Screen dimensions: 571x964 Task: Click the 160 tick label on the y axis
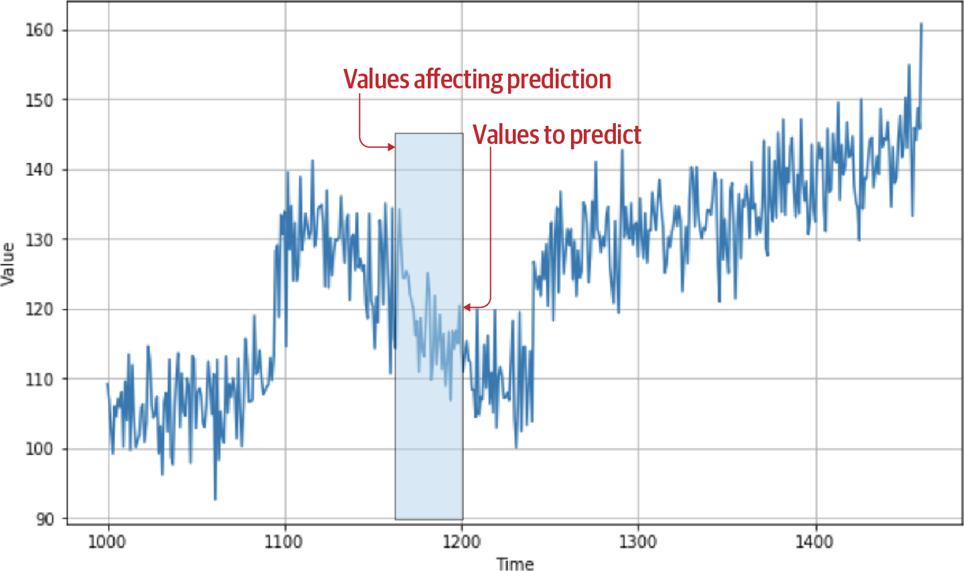point(39,31)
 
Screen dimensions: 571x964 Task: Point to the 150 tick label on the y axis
point(39,100)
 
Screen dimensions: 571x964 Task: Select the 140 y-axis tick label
point(39,170)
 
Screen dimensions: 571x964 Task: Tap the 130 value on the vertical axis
point(39,240)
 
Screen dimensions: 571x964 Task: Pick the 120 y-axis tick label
point(39,309)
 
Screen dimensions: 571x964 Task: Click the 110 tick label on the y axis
point(39,380)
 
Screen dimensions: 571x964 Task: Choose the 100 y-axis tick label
point(39,449)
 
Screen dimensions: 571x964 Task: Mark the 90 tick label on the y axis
point(44,519)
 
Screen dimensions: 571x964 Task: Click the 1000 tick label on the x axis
point(107,541)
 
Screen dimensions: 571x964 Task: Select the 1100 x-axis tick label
point(284,541)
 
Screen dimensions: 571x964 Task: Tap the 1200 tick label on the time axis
point(461,541)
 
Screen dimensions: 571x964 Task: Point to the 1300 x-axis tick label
point(638,541)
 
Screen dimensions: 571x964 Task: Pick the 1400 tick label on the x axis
point(815,541)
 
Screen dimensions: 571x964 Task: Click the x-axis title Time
point(515,564)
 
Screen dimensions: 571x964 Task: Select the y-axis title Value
point(8,264)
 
